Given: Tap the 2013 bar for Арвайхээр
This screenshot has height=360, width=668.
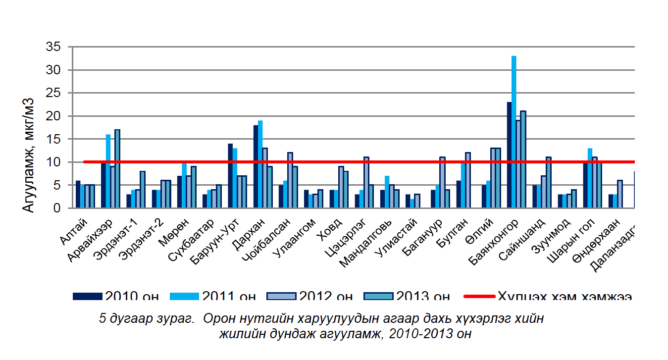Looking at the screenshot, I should point(117,169).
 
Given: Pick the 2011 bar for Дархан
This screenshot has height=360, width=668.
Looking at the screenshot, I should point(260,164).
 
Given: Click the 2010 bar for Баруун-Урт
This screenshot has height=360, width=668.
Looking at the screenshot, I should point(230,176).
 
